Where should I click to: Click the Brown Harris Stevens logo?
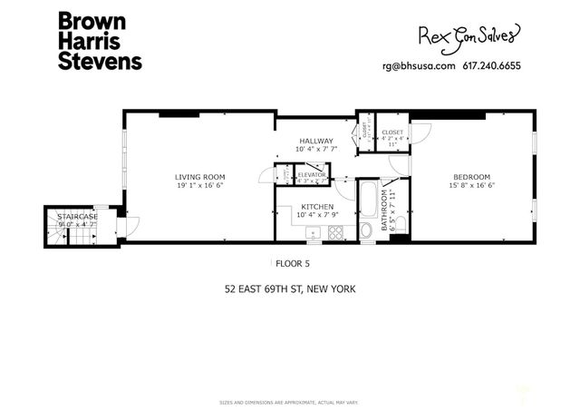(x=100, y=41)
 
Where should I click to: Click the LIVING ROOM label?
(x=199, y=177)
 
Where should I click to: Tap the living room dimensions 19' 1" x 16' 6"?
(x=199, y=185)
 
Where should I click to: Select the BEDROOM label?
(x=471, y=177)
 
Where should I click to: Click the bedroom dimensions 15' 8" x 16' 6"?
(x=471, y=185)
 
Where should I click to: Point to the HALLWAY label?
(x=317, y=142)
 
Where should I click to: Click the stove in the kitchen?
(x=336, y=232)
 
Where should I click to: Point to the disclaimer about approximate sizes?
(x=290, y=402)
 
